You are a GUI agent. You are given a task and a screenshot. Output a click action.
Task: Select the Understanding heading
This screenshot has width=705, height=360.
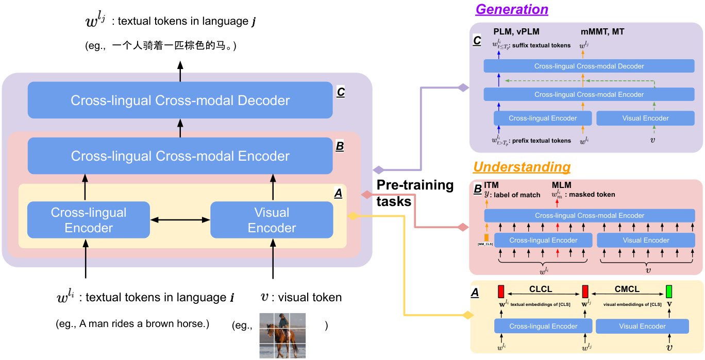point(522,167)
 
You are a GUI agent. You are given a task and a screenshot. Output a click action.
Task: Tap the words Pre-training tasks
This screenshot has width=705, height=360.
point(415,193)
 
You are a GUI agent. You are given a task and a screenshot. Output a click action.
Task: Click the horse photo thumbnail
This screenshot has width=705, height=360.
point(282,335)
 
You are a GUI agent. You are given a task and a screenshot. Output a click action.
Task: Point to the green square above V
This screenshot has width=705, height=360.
point(669,292)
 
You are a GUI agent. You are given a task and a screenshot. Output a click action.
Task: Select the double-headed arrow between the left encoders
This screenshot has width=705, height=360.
point(180,220)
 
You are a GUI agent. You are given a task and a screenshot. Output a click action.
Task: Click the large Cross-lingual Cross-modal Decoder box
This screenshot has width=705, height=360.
point(180,100)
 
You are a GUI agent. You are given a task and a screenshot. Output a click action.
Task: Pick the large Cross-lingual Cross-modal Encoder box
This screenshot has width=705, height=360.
point(180,156)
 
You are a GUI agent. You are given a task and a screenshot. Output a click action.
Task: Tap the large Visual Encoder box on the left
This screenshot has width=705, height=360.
point(272,220)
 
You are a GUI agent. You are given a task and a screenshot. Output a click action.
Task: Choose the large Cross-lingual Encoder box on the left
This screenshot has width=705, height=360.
point(88,220)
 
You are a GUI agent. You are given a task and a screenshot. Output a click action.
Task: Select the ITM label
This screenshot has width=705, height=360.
point(491,185)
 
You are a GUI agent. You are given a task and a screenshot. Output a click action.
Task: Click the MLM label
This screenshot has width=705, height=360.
point(561,185)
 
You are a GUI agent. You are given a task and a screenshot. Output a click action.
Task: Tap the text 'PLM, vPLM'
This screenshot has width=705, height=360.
point(516,32)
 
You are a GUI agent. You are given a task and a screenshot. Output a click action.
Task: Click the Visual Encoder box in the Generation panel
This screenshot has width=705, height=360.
point(645,118)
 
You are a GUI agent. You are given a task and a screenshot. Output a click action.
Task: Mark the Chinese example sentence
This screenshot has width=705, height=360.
point(160,46)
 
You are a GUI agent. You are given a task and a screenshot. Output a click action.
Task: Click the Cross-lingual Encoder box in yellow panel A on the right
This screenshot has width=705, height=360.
point(543,326)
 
